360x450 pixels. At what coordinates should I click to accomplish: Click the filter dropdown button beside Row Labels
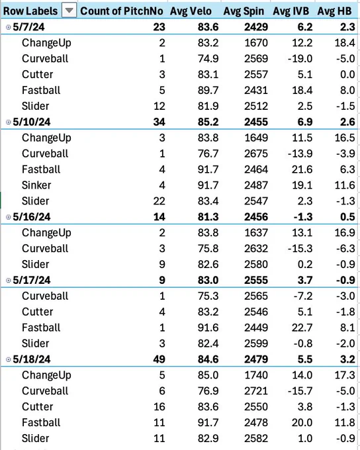(69, 11)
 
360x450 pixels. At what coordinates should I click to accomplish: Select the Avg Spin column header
(244, 11)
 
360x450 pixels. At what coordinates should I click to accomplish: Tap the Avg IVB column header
(291, 11)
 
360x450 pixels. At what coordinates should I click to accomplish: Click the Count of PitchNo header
(122, 11)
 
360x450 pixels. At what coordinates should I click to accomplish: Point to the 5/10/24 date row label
(32, 122)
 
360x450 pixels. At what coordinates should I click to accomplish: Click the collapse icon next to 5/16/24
(9, 217)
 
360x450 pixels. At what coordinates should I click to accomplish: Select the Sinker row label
(36, 185)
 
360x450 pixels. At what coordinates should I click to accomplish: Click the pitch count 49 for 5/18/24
(159, 359)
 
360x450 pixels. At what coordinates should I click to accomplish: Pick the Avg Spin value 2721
(256, 391)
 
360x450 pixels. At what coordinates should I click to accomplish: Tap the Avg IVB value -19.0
(300, 58)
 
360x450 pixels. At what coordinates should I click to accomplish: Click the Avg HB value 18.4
(345, 43)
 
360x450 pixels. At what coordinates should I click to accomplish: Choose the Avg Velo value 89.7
(208, 90)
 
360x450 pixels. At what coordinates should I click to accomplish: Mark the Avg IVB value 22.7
(302, 328)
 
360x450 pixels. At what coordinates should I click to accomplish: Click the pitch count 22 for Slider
(159, 201)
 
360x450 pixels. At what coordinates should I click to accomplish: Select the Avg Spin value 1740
(256, 375)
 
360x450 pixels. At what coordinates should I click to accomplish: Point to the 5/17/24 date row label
(32, 280)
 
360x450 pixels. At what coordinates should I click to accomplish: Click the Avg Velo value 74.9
(208, 58)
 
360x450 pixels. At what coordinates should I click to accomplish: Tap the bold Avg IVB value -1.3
(303, 217)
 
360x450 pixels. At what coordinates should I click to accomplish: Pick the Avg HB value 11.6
(345, 185)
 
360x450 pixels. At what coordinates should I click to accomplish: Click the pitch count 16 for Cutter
(159, 407)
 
